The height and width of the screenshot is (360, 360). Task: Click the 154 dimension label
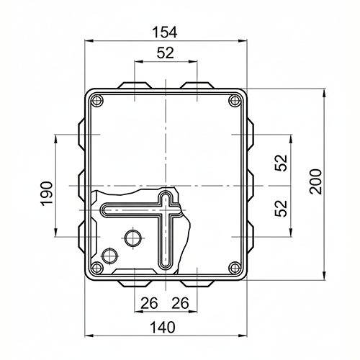[x=165, y=32]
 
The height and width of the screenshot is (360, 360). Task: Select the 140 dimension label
[x=163, y=328]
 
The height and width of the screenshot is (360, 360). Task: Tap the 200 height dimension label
[x=315, y=181]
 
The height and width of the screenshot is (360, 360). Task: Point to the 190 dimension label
[x=47, y=194]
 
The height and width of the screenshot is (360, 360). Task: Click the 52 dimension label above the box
[x=166, y=53]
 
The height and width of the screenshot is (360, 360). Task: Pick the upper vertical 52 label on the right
[x=281, y=163]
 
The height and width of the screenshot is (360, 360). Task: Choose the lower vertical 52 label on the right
[x=281, y=208]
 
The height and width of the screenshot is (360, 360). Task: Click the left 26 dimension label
[x=149, y=303]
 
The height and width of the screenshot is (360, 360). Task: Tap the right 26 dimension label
[x=180, y=303]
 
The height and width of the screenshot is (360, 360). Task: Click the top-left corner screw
[x=97, y=100]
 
